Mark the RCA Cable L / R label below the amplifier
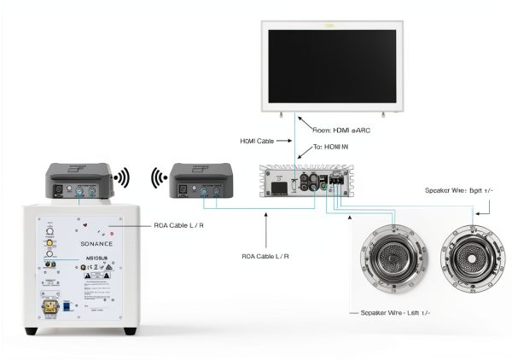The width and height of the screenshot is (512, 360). tap(265, 256)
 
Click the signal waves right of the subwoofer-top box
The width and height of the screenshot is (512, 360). tap(122, 178)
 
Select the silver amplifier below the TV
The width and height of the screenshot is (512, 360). tap(304, 186)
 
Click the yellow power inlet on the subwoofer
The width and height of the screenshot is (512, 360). tap(50, 305)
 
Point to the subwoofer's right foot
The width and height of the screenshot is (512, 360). tap(129, 331)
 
